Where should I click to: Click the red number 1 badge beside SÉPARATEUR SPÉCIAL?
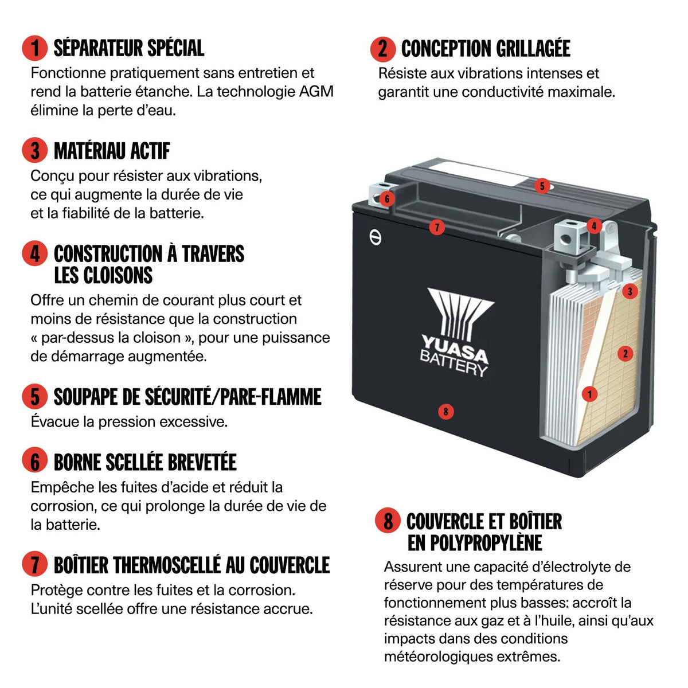pyautogui.click(x=34, y=48)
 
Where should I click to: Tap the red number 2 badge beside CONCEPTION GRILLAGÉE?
pyautogui.click(x=383, y=49)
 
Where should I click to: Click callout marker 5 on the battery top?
pyautogui.click(x=542, y=186)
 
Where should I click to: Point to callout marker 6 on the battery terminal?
pyautogui.click(x=387, y=199)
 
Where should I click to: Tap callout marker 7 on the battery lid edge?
pyautogui.click(x=437, y=227)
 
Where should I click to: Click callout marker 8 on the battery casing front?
pyautogui.click(x=445, y=412)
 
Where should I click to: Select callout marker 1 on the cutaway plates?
pyautogui.click(x=589, y=394)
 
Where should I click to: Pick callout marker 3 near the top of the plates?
pyautogui.click(x=630, y=291)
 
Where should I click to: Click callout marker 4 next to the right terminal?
pyautogui.click(x=594, y=226)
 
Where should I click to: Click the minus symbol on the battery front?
pyautogui.click(x=375, y=237)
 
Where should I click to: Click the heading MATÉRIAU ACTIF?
pyautogui.click(x=112, y=151)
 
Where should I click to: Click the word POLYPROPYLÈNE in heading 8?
pyautogui.click(x=475, y=543)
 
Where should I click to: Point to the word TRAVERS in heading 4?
pyautogui.click(x=213, y=254)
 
